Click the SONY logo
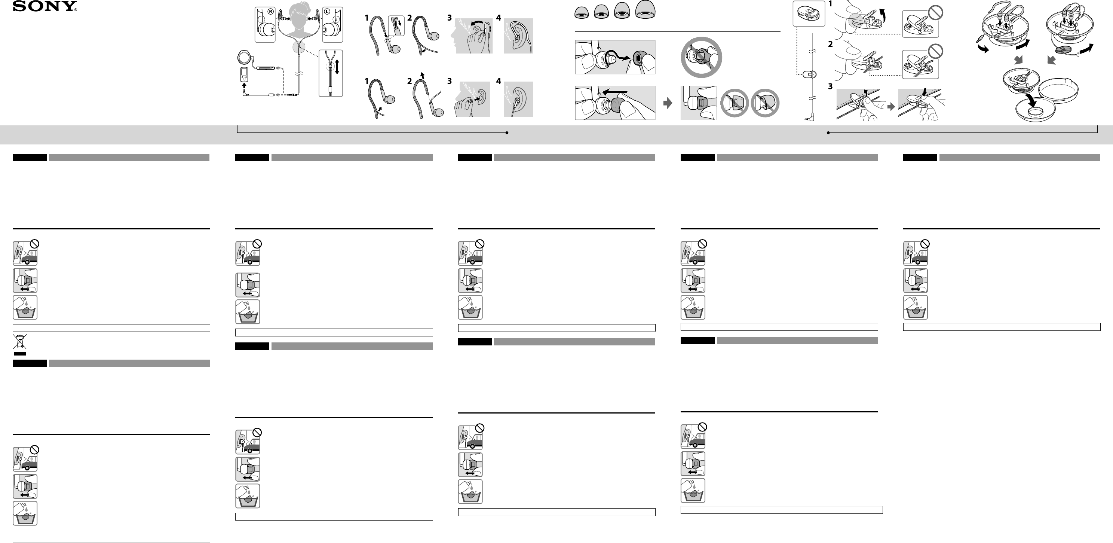pyautogui.click(x=45, y=6)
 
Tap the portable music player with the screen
pyautogui.click(x=244, y=74)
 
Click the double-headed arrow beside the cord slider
pyautogui.click(x=337, y=67)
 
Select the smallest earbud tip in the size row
pyautogui.click(x=582, y=13)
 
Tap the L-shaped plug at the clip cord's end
pyautogui.click(x=809, y=116)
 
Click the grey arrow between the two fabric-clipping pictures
pyautogui.click(x=891, y=106)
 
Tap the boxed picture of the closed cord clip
pyautogui.click(x=809, y=14)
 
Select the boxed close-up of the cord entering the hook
pyautogui.click(x=396, y=25)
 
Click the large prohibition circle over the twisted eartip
pyautogui.click(x=701, y=57)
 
